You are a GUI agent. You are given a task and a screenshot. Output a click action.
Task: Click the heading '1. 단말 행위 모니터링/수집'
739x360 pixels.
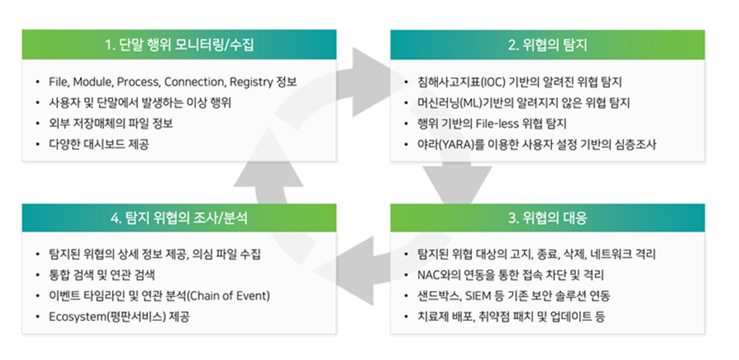(179, 45)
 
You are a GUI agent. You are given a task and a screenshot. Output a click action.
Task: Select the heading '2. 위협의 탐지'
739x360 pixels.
(547, 45)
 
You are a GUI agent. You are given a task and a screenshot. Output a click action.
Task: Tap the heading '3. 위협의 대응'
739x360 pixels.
(547, 218)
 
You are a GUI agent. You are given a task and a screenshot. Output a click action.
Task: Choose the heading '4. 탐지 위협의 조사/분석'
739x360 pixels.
(179, 218)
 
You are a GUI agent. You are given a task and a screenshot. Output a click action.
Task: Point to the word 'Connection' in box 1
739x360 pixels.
(193, 81)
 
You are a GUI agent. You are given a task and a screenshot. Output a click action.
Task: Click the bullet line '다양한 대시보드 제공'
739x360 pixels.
(99, 145)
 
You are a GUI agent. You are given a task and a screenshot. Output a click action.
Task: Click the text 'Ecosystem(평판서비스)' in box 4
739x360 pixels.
(107, 317)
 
